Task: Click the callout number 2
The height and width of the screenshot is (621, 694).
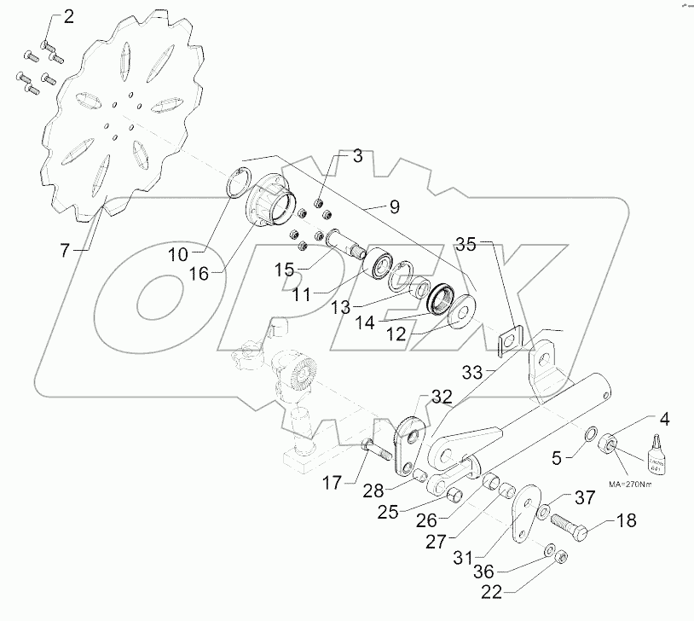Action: [68, 16]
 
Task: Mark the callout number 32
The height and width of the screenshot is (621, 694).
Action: [441, 397]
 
